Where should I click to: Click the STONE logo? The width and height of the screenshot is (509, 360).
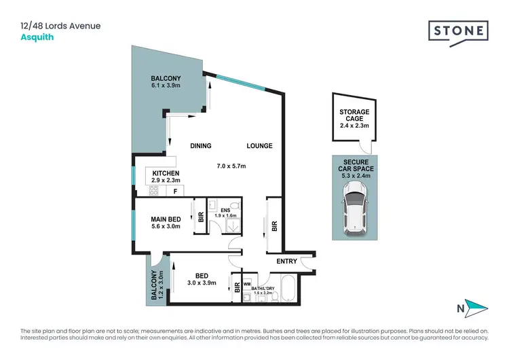458,31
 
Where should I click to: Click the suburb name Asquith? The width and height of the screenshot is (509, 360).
37,37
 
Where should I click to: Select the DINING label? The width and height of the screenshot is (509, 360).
201,146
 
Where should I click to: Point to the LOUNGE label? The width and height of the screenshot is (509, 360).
259,146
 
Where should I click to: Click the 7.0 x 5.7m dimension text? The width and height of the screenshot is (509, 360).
231,166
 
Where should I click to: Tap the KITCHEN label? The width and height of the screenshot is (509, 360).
166,174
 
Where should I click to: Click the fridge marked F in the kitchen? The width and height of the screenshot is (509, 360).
176,192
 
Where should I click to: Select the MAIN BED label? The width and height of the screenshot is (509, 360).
166,219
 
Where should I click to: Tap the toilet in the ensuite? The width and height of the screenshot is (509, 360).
212,204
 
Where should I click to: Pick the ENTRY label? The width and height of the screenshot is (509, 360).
286,261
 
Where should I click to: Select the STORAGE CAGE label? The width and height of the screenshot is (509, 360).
354,116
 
